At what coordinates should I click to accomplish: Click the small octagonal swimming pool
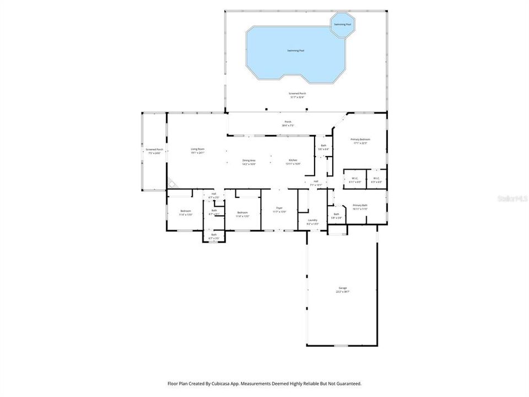click(x=342, y=24)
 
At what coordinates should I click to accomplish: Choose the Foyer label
click(x=279, y=210)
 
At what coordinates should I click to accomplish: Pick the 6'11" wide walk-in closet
click(x=355, y=180)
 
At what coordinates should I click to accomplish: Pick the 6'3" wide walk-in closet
click(x=376, y=180)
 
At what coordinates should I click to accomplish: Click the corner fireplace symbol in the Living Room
click(x=172, y=183)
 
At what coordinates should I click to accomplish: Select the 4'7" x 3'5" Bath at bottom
click(x=214, y=236)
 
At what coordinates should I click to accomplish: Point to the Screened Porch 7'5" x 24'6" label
click(x=154, y=151)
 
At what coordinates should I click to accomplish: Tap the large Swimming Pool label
click(x=295, y=51)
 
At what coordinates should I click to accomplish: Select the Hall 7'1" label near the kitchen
click(x=316, y=183)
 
